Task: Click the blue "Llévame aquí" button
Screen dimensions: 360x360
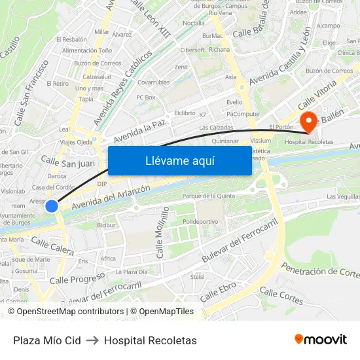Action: pos(179,160)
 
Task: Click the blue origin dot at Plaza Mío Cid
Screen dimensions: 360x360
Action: pos(52,206)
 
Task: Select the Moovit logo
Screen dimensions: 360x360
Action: pos(320,340)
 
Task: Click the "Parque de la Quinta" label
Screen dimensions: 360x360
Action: pos(208,196)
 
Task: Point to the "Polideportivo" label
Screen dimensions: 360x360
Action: pos(200,222)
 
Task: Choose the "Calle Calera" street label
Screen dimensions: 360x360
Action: pos(52,246)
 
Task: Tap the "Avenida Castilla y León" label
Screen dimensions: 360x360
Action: pos(279,60)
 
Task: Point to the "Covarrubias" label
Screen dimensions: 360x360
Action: pos(153,82)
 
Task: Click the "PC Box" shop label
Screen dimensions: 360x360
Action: pos(145,98)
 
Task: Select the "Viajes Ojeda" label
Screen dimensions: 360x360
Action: pos(76,142)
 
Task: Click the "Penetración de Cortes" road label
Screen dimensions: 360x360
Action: pos(320,270)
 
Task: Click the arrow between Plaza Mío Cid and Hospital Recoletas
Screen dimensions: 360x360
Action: pos(92,340)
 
